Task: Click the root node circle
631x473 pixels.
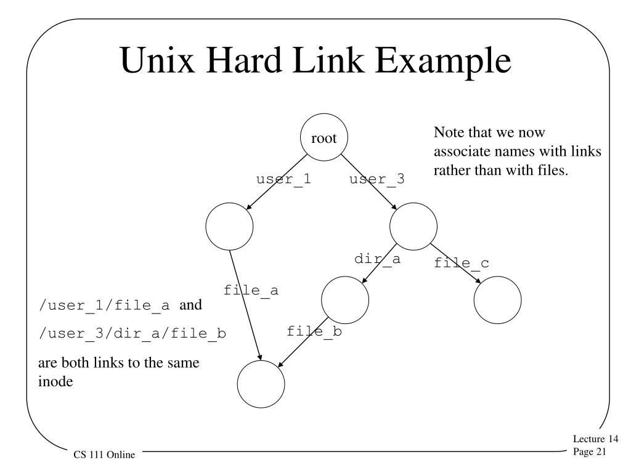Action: [324, 139]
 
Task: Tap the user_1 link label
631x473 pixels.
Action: [283, 179]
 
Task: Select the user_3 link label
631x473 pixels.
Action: [377, 179]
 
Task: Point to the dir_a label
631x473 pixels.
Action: [377, 259]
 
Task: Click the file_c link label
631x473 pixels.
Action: [461, 263]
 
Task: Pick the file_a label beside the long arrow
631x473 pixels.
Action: [251, 289]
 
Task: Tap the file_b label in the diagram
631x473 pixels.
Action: [314, 331]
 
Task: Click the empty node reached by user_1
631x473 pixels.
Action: [229, 226]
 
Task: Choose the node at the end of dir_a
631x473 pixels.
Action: [345, 299]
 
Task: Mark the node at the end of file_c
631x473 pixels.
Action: [497, 299]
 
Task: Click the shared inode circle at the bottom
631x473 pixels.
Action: [261, 384]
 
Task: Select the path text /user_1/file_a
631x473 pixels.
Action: [104, 306]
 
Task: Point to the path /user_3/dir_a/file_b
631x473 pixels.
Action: [132, 334]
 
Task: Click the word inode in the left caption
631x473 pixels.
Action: [55, 382]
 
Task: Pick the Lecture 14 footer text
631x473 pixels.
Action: [595, 439]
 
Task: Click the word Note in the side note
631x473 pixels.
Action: [447, 133]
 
